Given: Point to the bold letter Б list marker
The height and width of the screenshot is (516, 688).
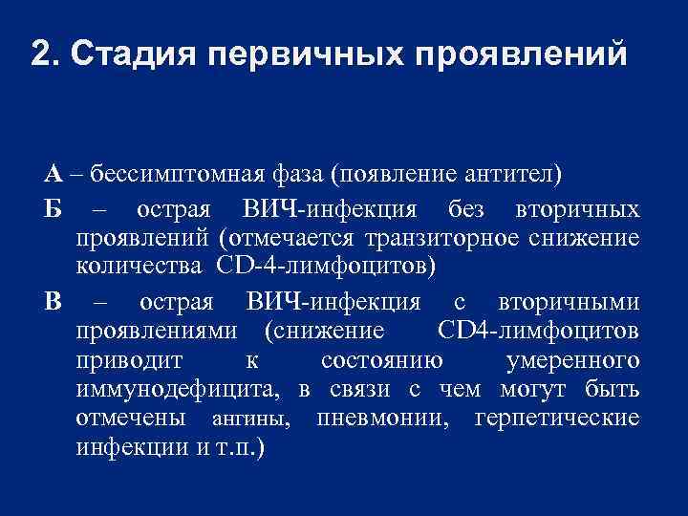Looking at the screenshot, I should [x=52, y=208].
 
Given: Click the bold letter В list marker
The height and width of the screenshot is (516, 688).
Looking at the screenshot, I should [x=53, y=302].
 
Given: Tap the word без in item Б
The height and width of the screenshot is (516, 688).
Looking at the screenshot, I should [x=467, y=208].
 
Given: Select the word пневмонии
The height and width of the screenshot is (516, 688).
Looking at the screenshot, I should [x=383, y=419].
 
